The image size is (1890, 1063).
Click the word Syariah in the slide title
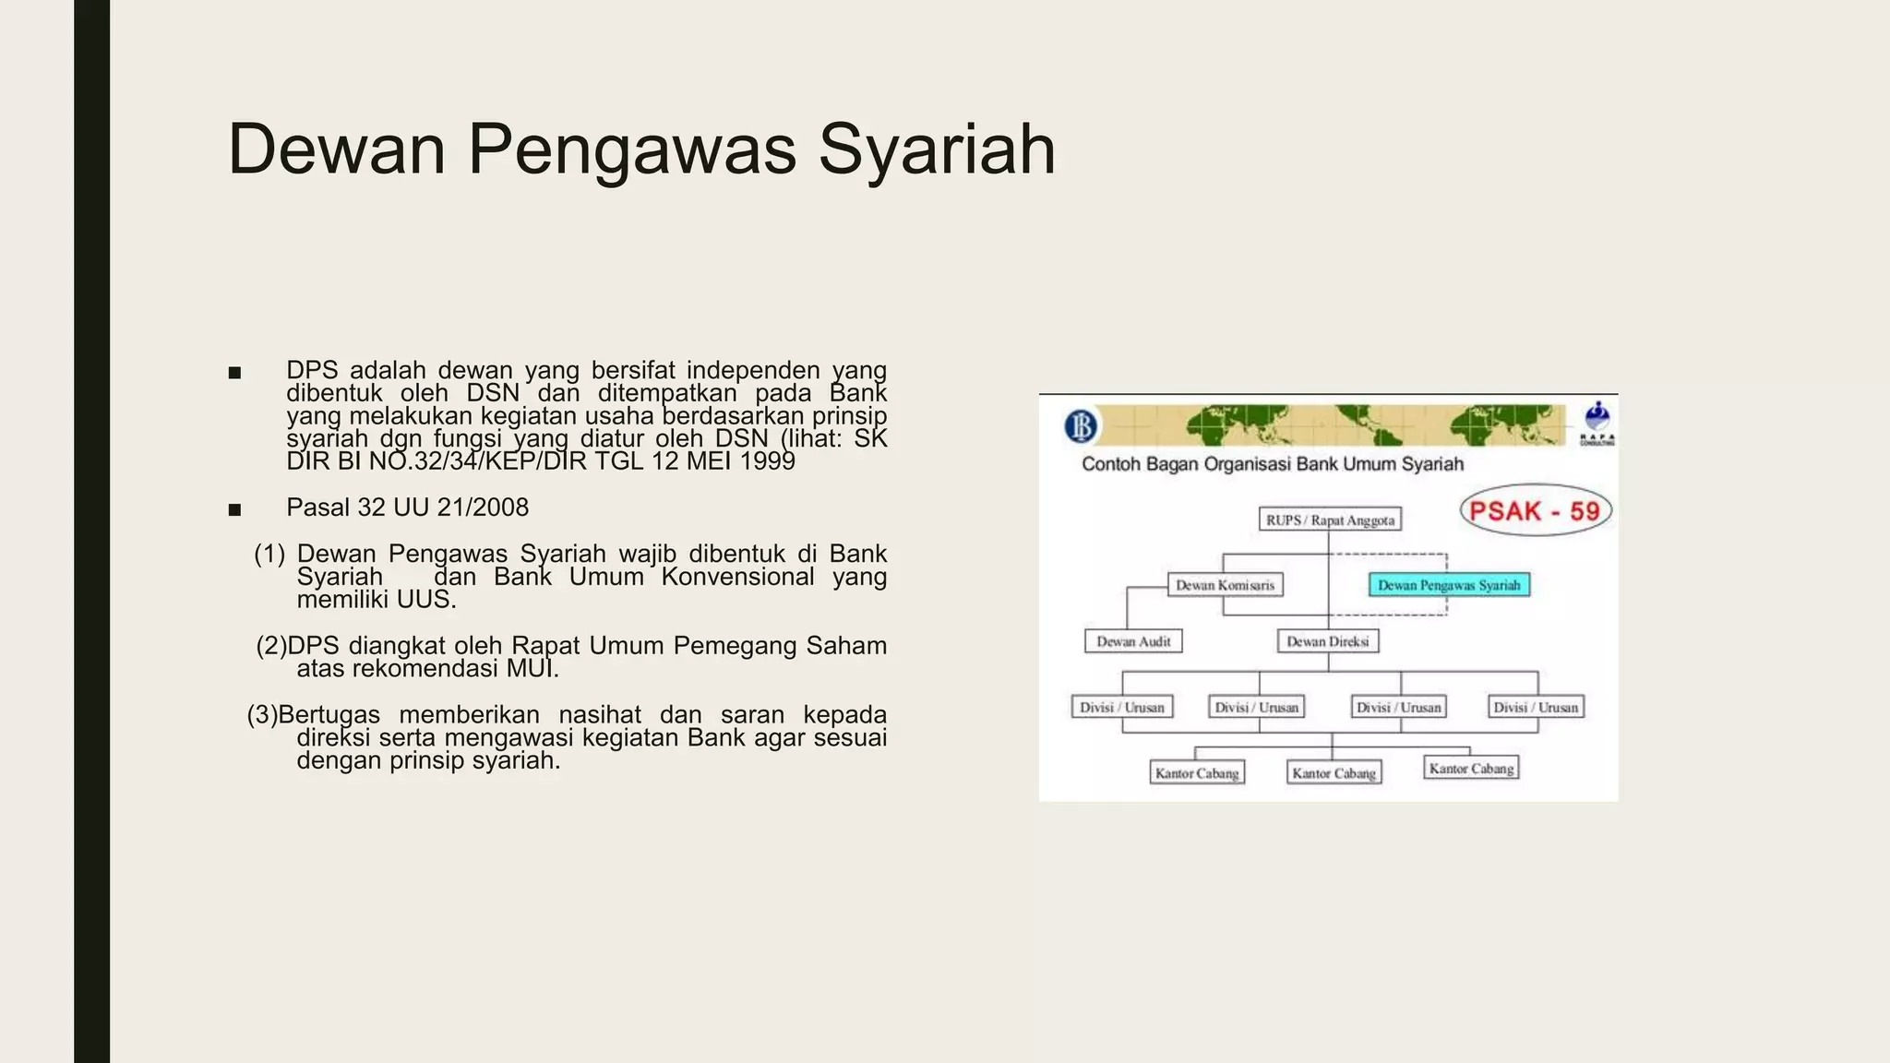(x=937, y=149)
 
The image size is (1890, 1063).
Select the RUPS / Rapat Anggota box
(x=1330, y=520)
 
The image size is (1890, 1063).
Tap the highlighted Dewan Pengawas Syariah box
(x=1448, y=585)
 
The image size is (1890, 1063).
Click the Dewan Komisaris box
(x=1225, y=585)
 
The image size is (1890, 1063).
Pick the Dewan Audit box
(x=1133, y=641)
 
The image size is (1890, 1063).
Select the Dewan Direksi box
(x=1328, y=641)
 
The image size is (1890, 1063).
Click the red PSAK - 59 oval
(x=1535, y=511)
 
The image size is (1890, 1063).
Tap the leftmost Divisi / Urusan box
(x=1122, y=708)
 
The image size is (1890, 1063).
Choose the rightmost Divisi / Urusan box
(x=1536, y=708)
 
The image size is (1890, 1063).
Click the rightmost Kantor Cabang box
(x=1471, y=769)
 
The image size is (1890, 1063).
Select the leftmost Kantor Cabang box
(x=1197, y=773)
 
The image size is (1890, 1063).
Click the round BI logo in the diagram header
(x=1081, y=426)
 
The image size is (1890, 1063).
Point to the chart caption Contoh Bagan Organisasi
(x=1272, y=464)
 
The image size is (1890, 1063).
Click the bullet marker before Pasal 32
(x=234, y=509)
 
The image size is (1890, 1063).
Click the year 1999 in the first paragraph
(x=767, y=461)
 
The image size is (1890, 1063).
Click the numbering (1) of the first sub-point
(x=269, y=554)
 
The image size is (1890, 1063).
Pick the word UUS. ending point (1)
(x=426, y=600)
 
